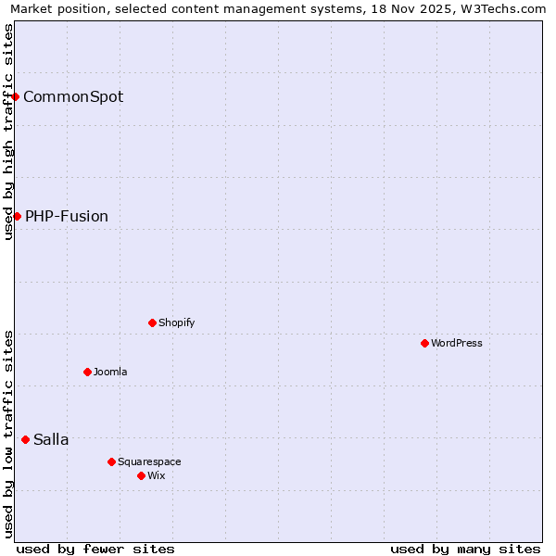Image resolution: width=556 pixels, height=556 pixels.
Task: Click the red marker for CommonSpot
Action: click(x=15, y=96)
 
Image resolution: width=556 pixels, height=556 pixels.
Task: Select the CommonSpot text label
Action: click(x=73, y=97)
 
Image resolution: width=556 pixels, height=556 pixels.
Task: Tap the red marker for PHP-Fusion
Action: click(x=17, y=216)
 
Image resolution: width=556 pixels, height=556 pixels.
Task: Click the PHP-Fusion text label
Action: click(x=67, y=217)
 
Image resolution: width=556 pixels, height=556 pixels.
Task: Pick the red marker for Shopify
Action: click(x=152, y=322)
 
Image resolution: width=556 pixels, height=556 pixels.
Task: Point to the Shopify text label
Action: click(x=176, y=322)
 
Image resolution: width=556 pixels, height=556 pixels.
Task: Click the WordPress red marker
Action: click(x=424, y=343)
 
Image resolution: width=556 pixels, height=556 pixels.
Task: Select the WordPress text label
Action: click(x=457, y=343)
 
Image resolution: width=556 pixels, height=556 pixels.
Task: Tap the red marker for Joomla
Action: click(x=87, y=372)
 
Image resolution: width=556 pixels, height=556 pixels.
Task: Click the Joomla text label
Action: click(x=110, y=372)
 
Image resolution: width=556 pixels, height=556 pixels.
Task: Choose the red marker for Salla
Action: click(x=25, y=439)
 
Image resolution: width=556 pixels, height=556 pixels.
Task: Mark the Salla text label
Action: click(x=51, y=440)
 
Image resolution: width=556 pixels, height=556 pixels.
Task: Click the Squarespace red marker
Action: click(x=111, y=461)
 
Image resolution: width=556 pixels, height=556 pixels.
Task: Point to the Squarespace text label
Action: click(x=149, y=461)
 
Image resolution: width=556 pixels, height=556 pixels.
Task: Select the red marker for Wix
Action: click(x=141, y=475)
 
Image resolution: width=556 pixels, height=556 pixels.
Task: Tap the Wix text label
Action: click(x=156, y=475)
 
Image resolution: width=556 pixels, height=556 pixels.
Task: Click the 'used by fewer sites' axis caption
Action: click(x=95, y=549)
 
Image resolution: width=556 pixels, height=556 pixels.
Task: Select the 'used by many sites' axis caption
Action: click(x=465, y=549)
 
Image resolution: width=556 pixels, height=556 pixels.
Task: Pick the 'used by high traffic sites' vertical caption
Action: click(x=8, y=132)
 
